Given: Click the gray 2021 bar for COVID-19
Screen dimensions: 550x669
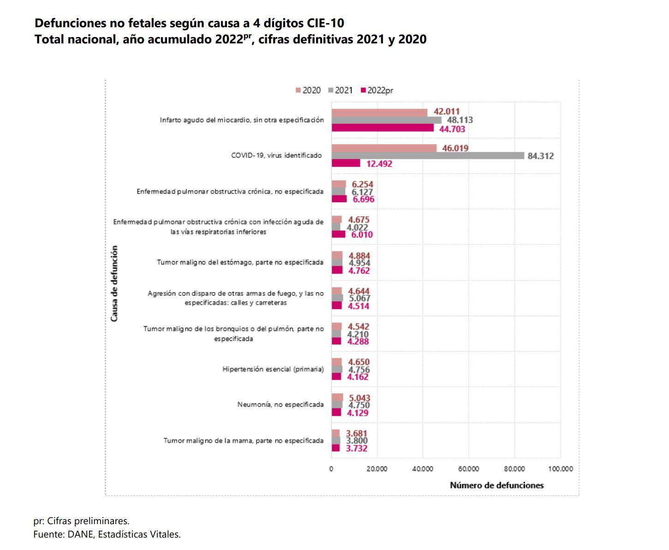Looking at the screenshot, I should click(x=427, y=156).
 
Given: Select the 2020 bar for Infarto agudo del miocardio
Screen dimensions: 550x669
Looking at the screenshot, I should click(x=379, y=113).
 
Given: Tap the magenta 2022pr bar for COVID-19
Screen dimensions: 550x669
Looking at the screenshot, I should click(x=346, y=163).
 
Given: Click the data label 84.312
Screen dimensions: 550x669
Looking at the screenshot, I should click(x=540, y=156).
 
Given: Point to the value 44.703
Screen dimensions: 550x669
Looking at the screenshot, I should click(x=452, y=129).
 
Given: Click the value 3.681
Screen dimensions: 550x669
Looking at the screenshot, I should click(x=357, y=433).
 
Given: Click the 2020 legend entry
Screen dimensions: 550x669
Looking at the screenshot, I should click(x=308, y=90).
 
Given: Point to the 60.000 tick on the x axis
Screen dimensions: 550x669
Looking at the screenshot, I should click(x=468, y=469).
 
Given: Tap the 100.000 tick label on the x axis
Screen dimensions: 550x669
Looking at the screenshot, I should click(x=560, y=469).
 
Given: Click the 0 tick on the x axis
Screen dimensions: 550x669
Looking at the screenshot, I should click(x=331, y=469).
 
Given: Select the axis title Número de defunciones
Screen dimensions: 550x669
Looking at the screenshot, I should click(x=496, y=485).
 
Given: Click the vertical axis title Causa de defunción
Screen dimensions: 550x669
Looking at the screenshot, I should click(x=114, y=283).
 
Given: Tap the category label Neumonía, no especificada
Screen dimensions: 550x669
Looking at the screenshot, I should click(x=280, y=405).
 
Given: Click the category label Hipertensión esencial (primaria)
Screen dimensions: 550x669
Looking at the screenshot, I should click(x=273, y=369).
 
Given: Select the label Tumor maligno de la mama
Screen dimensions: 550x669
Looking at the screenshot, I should click(x=243, y=441).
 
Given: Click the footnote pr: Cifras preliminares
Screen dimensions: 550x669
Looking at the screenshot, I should click(x=81, y=521).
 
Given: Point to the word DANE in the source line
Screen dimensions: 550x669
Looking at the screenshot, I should click(x=76, y=535).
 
